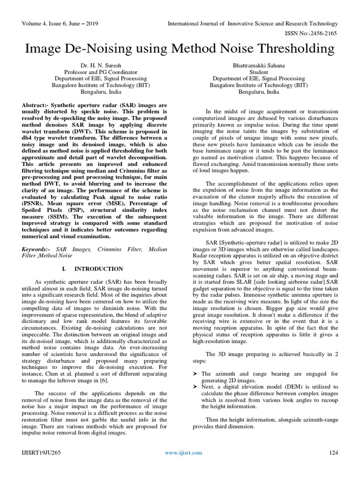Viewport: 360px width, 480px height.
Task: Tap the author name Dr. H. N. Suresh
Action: pos(101,66)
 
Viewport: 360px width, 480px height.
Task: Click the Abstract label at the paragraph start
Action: pos(36,106)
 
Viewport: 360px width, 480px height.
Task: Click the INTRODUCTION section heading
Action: pos(99,269)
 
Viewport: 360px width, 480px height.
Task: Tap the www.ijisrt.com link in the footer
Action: pos(183,452)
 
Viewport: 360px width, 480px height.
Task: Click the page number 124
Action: pos(333,452)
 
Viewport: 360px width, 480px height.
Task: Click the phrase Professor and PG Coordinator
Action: pos(101,72)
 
